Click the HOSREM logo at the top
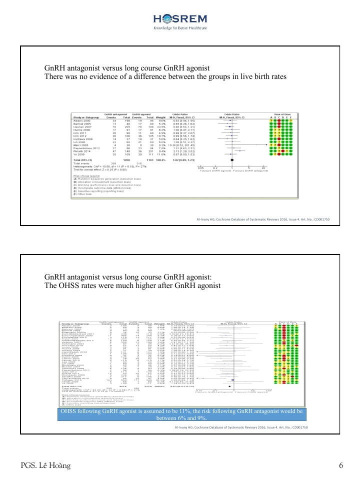(179, 18)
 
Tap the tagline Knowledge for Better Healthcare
(179, 28)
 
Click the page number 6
(340, 466)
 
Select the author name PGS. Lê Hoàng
(41, 466)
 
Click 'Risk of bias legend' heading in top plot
(84, 176)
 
